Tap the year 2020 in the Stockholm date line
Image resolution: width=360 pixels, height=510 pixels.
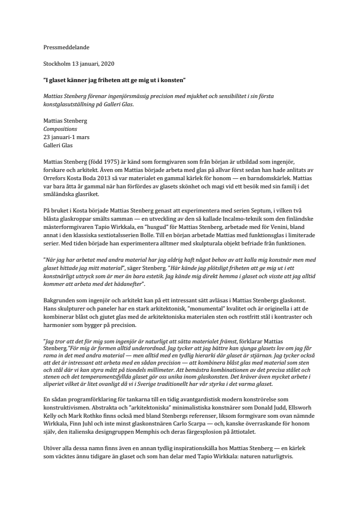106,63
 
